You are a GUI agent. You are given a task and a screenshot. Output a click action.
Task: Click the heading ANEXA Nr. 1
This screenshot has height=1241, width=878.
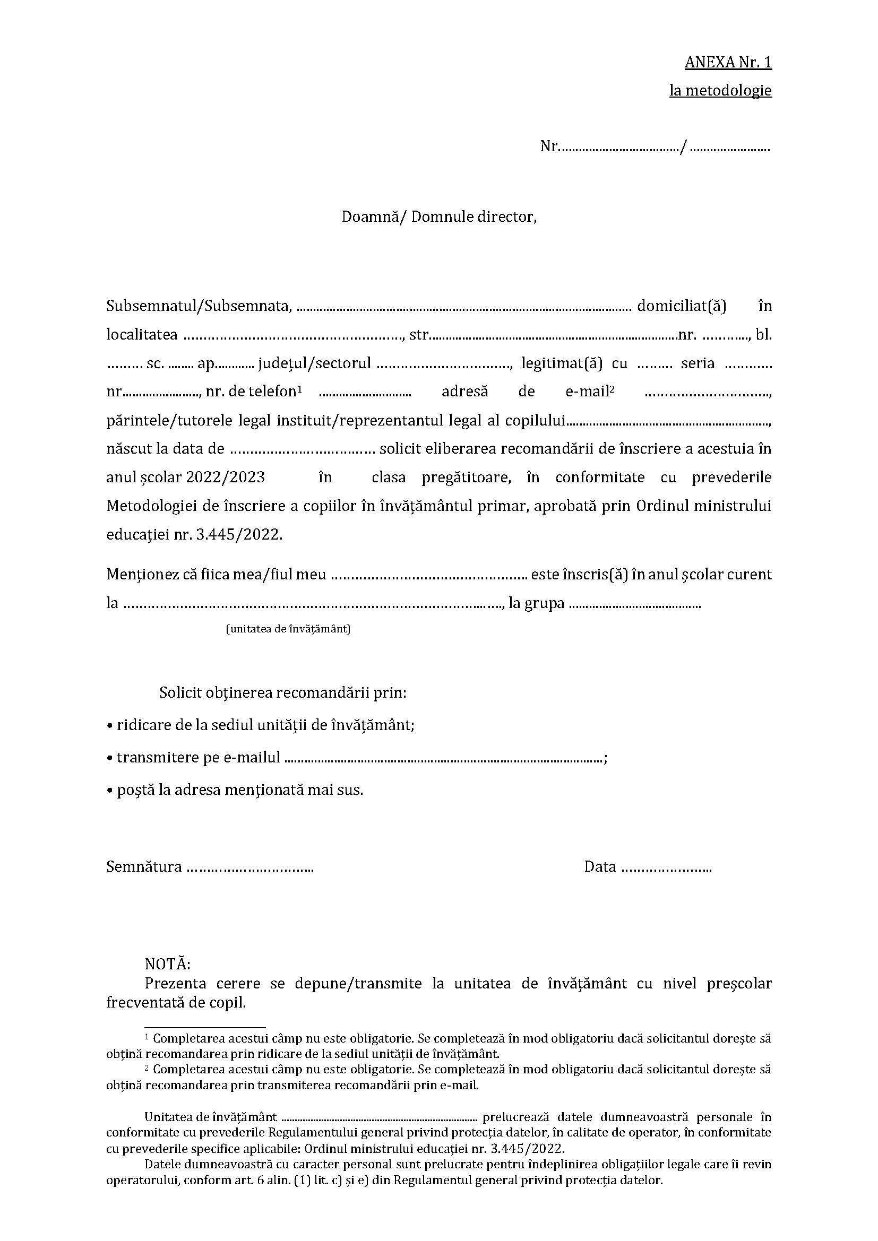[x=728, y=63]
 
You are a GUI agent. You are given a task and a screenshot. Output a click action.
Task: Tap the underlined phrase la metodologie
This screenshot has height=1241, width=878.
[x=720, y=90]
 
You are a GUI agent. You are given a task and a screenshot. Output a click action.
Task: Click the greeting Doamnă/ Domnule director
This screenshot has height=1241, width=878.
[x=439, y=217]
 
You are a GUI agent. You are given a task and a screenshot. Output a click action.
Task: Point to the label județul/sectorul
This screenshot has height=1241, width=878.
[x=315, y=363]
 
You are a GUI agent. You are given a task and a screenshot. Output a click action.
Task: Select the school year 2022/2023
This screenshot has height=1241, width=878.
[x=226, y=478]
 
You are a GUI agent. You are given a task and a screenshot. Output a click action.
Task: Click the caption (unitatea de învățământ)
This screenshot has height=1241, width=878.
[x=288, y=629]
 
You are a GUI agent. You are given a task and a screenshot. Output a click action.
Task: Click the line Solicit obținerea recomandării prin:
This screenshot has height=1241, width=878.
[x=283, y=692]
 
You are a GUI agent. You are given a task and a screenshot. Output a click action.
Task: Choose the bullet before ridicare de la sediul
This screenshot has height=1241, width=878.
[x=109, y=726]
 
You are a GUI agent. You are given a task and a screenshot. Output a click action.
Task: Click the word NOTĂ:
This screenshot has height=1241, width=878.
[x=168, y=964]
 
